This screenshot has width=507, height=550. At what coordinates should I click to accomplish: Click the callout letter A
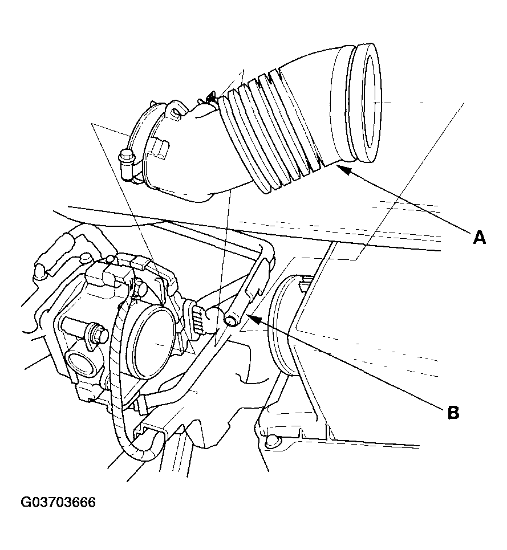480,237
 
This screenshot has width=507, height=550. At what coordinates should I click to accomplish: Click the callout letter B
453,412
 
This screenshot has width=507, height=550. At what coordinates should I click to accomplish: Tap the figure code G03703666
58,502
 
